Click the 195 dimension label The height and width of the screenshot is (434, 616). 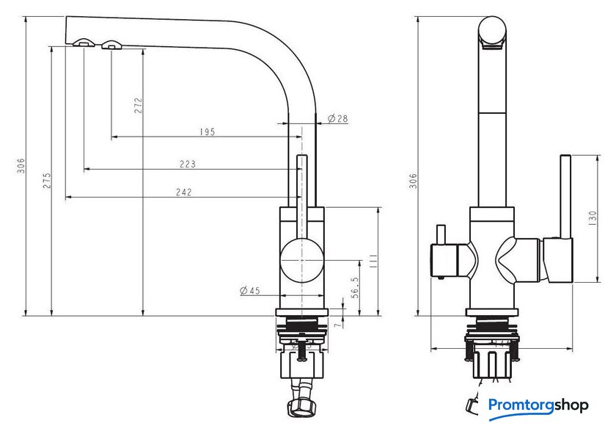click(x=207, y=132)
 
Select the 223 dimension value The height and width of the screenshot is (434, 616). click(x=188, y=164)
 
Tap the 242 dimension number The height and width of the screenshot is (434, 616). click(x=183, y=192)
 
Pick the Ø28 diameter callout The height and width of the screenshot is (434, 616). click(x=337, y=118)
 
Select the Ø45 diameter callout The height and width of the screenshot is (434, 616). click(x=250, y=291)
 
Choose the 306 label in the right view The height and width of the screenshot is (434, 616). click(x=413, y=181)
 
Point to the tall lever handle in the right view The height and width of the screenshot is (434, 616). click(x=565, y=195)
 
